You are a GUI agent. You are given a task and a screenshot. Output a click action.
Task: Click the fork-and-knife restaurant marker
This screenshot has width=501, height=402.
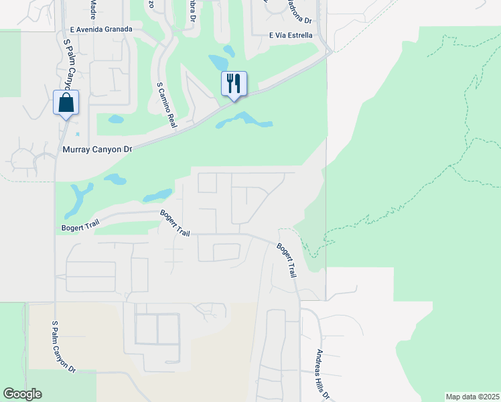(x=234, y=84)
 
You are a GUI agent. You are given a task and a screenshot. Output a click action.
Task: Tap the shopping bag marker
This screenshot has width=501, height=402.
(x=66, y=103)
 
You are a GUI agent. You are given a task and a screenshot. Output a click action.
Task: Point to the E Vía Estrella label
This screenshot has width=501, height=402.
(x=291, y=35)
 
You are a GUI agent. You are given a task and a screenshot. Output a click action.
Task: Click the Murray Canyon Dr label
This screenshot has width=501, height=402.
(x=96, y=150)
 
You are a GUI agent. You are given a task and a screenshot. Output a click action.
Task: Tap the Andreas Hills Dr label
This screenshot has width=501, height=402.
(x=324, y=374)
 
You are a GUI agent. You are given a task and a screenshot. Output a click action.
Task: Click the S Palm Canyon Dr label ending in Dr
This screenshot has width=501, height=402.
(x=64, y=346)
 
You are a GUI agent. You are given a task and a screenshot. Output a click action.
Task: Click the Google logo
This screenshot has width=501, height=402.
(x=22, y=394)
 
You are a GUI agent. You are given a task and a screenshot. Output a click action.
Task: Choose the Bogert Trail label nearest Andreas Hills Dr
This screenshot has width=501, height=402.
(x=287, y=260)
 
